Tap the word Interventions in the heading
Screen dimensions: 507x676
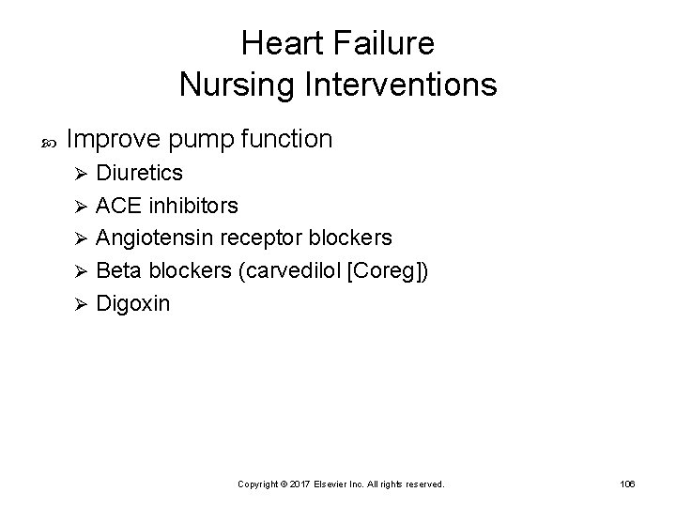point(396,85)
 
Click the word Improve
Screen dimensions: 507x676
point(116,140)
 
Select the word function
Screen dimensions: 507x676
point(286,140)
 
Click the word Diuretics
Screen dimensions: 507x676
point(140,174)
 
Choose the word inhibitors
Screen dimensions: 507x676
point(192,205)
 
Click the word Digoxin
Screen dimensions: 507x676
point(133,303)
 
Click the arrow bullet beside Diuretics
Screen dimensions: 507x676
point(81,175)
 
